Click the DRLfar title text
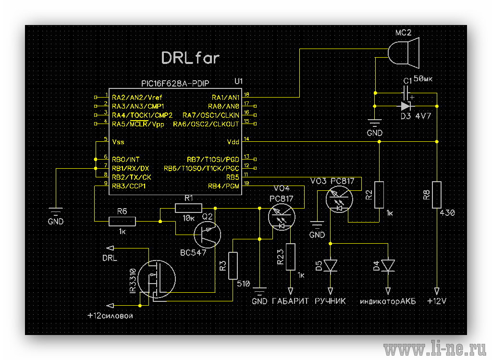pyautogui.click(x=190, y=58)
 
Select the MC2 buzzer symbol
pyautogui.click(x=404, y=52)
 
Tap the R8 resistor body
pyautogui.click(x=437, y=195)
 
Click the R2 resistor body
pyautogui.click(x=379, y=195)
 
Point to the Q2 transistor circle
pyautogui.click(x=207, y=235)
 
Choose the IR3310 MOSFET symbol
pyautogui.click(x=157, y=279)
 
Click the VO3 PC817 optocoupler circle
pyautogui.click(x=339, y=199)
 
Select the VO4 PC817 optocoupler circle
pyautogui.click(x=282, y=217)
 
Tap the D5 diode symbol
pyautogui.click(x=331, y=266)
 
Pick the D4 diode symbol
pyautogui.click(x=388, y=266)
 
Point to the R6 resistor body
pyautogui.click(x=122, y=221)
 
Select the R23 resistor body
pyautogui.click(x=291, y=257)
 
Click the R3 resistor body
pyautogui.click(x=233, y=265)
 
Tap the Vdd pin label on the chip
pyautogui.click(x=233, y=142)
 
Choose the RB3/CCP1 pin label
pyautogui.click(x=129, y=186)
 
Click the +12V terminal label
pyautogui.click(x=437, y=301)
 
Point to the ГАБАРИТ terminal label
pyautogui.click(x=291, y=301)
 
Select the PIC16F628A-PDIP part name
pyautogui.click(x=175, y=84)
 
